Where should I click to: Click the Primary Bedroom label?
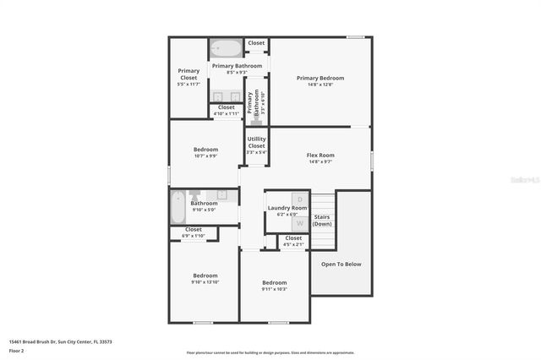tap(320, 78)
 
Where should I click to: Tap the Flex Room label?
tap(320, 155)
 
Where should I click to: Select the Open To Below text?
tap(341, 264)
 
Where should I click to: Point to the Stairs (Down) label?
tap(322, 221)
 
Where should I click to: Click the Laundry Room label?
tap(287, 208)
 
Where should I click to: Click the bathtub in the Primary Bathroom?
tap(226, 48)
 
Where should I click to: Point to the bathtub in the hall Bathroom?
tap(178, 205)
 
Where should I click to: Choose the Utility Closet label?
tap(256, 142)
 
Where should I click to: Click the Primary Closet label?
tap(189, 74)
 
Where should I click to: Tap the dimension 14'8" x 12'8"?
tap(320, 85)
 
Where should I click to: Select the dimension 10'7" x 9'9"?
tap(205, 156)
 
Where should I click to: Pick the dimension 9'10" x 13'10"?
tap(205, 282)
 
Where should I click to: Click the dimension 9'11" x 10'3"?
tap(274, 289)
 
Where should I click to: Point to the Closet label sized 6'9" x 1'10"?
tap(194, 229)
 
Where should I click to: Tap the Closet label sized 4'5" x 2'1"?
tap(293, 238)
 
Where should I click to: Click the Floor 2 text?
tap(17, 349)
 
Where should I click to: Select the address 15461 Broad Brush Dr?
tap(42, 341)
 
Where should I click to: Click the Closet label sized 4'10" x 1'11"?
tap(226, 107)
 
